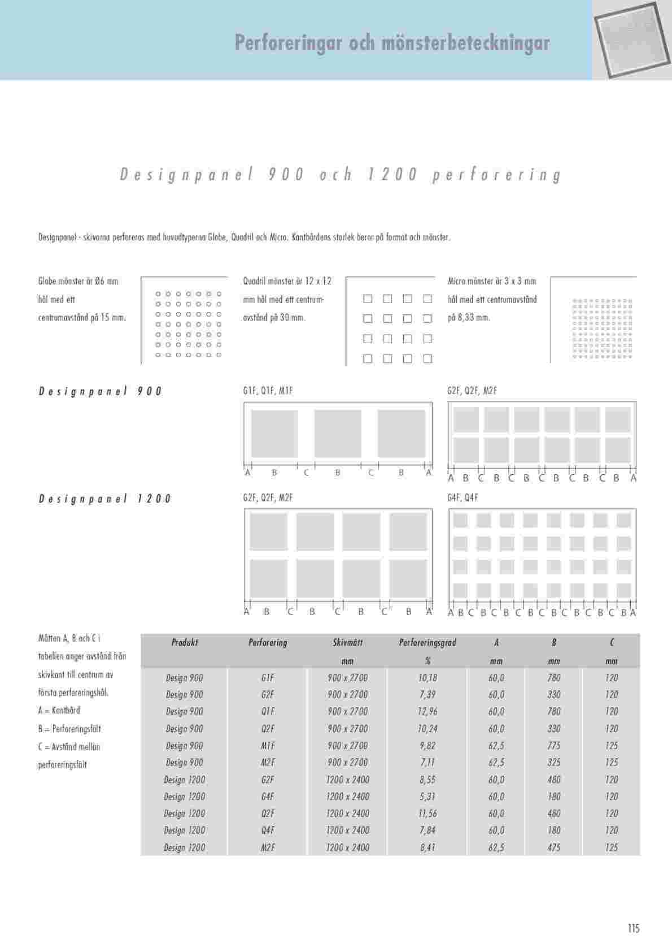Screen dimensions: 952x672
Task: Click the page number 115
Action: pyautogui.click(x=633, y=928)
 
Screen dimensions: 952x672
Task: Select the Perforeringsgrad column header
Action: pyautogui.click(x=427, y=643)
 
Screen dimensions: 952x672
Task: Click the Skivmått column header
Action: pyautogui.click(x=348, y=643)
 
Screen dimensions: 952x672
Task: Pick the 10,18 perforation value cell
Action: pyautogui.click(x=428, y=678)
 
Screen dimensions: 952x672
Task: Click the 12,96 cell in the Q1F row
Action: pyautogui.click(x=428, y=712)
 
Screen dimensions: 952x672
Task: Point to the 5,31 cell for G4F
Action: pyautogui.click(x=428, y=797)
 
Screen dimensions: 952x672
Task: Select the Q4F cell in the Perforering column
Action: pyautogui.click(x=268, y=830)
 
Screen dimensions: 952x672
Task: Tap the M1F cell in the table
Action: pyautogui.click(x=268, y=746)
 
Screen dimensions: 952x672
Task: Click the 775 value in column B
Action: pyautogui.click(x=554, y=746)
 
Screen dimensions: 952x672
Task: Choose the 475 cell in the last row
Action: pyautogui.click(x=554, y=847)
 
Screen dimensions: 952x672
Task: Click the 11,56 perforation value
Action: pyautogui.click(x=428, y=813)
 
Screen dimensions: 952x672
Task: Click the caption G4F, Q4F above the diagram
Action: pyautogui.click(x=463, y=498)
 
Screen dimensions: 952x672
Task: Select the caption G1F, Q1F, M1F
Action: pyautogui.click(x=268, y=391)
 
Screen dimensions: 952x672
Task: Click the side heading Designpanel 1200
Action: pyautogui.click(x=105, y=499)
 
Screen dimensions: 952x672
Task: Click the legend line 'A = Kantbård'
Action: pyautogui.click(x=59, y=711)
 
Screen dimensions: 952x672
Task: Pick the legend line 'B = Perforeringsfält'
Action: pyautogui.click(x=69, y=729)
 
